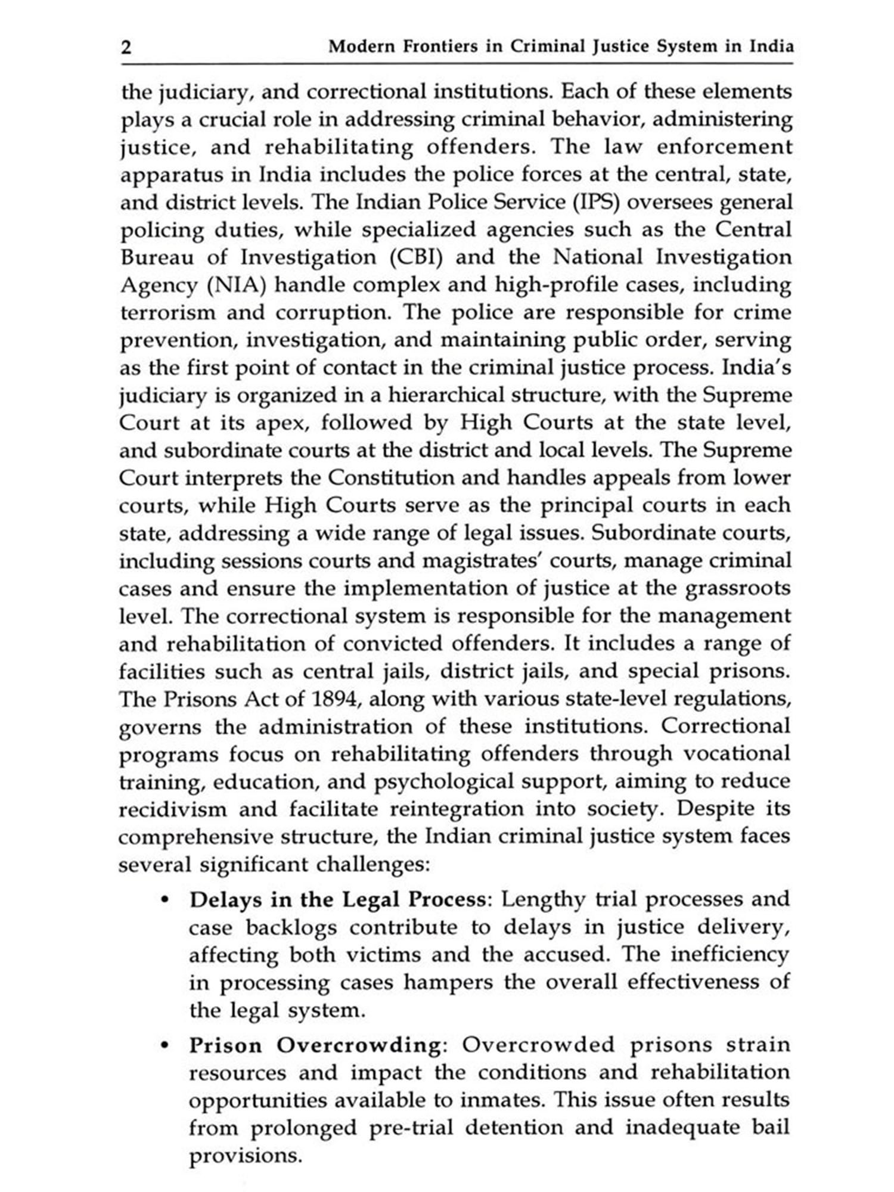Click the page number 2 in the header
coord(126,47)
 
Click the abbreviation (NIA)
coord(235,285)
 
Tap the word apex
coord(280,423)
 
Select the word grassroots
coord(738,588)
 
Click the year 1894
coord(334,699)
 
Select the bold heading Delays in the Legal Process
coord(337,899)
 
